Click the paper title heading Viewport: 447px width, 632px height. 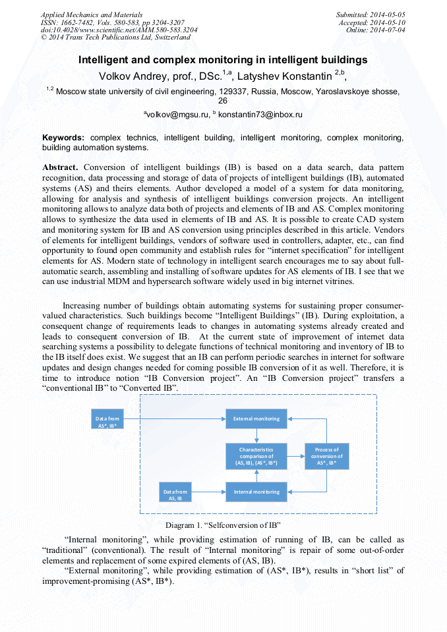223,60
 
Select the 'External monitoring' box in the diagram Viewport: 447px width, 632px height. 256,418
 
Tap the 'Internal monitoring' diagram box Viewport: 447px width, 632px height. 256,491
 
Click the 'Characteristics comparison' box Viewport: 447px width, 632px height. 256,455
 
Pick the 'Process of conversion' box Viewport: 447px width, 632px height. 326,455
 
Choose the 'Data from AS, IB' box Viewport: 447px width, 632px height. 176,495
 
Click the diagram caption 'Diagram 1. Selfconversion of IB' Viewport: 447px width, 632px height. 223,525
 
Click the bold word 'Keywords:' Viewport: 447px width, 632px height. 63,138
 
